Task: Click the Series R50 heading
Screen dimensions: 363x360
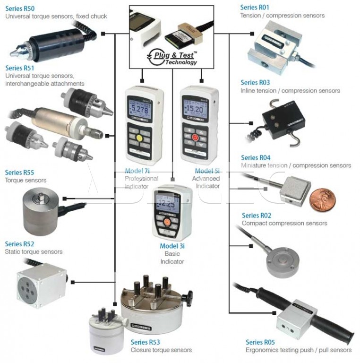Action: [20, 8]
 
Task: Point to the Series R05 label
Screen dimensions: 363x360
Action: [260, 342]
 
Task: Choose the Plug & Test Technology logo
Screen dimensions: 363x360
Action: [172, 57]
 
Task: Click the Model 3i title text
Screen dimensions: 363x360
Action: [172, 246]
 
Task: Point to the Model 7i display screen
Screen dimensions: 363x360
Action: [140, 112]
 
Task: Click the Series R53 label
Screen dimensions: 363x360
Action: [145, 342]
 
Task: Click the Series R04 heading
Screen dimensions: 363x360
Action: [256, 158]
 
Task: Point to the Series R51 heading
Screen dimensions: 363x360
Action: [19, 68]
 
